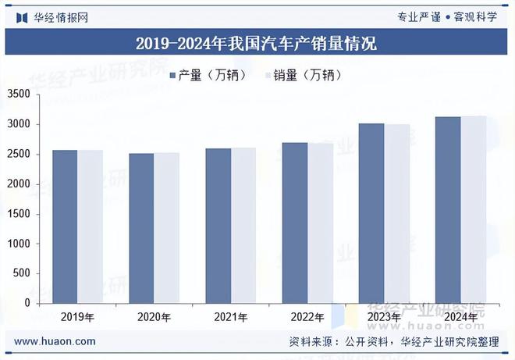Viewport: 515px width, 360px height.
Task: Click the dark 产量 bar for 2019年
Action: pyautogui.click(x=65, y=226)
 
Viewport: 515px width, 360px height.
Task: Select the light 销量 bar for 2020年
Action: pyautogui.click(x=166, y=227)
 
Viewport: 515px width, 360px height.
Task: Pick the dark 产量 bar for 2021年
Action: pyautogui.click(x=218, y=226)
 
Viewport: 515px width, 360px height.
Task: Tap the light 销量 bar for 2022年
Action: pyautogui.click(x=320, y=223)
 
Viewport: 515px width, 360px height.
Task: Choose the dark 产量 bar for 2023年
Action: pyautogui.click(x=371, y=213)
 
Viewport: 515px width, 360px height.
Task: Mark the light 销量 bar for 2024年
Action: pyautogui.click(x=474, y=209)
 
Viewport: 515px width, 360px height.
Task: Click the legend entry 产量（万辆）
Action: pyautogui.click(x=208, y=75)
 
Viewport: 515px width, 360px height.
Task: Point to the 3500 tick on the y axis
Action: pyautogui.click(x=20, y=94)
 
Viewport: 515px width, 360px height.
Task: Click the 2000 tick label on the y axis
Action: pyautogui.click(x=20, y=184)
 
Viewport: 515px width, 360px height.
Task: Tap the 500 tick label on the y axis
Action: pyautogui.click(x=23, y=273)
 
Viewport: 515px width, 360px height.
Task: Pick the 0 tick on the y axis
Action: pyautogui.click(x=27, y=303)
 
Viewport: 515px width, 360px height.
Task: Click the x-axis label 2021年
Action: pyautogui.click(x=231, y=318)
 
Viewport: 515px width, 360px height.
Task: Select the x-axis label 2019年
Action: pyautogui.click(x=78, y=318)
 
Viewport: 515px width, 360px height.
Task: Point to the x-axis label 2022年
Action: pyautogui.click(x=307, y=318)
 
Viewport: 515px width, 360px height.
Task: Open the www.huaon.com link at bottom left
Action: pyautogui.click(x=55, y=341)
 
